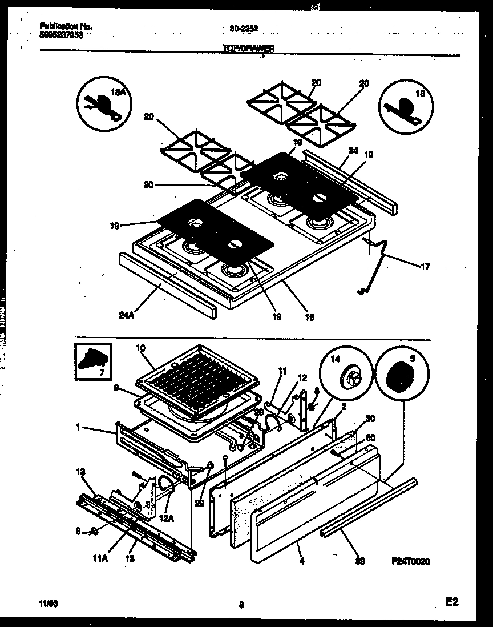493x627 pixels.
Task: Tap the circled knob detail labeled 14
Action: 345,375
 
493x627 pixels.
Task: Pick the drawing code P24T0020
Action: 410,561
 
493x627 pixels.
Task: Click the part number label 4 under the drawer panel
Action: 301,561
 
